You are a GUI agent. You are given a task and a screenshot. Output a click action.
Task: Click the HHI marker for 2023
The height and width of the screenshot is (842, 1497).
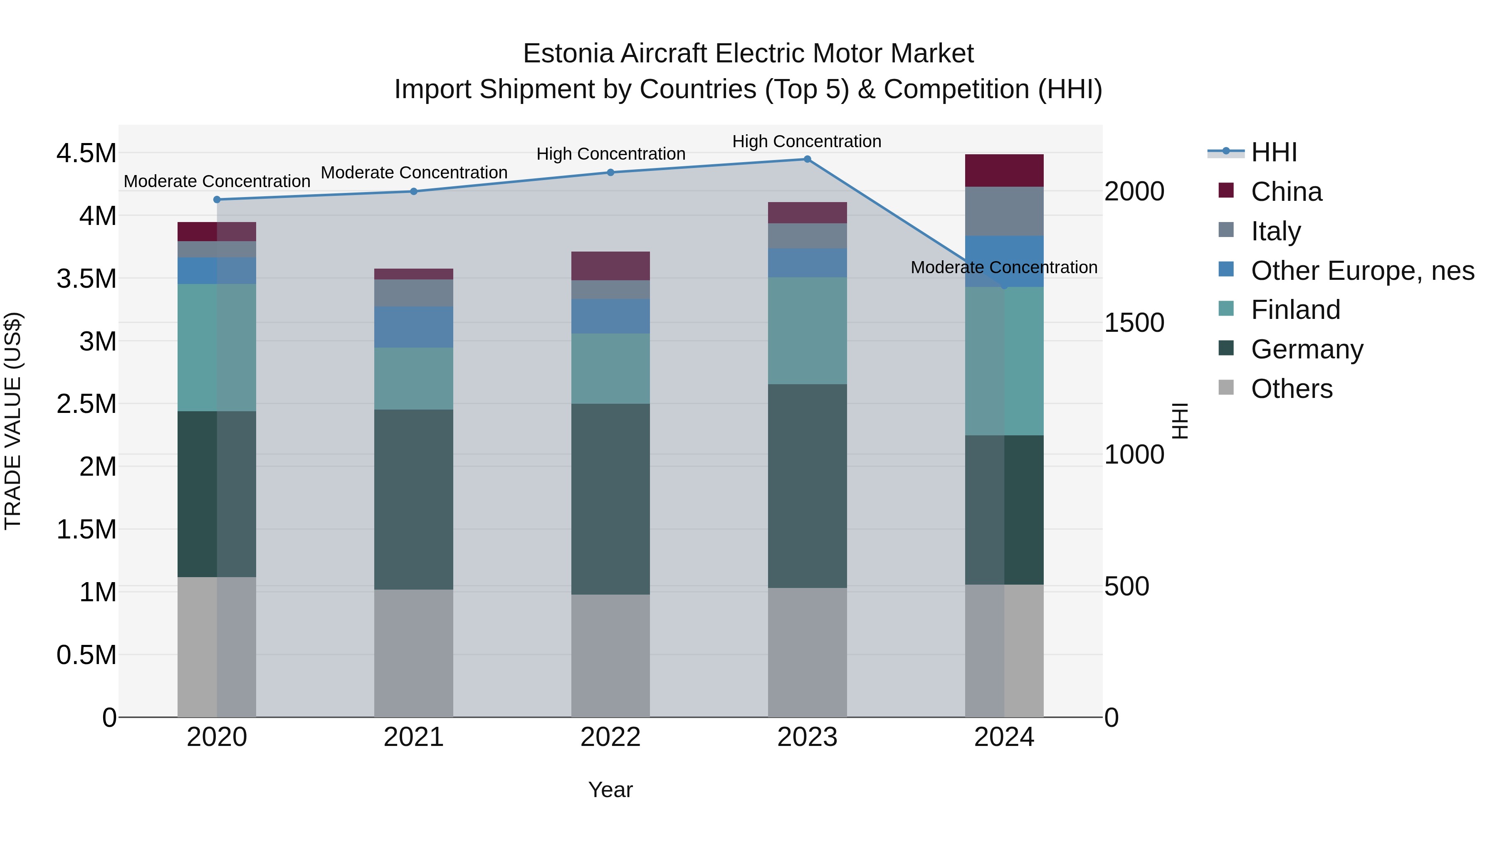click(x=807, y=159)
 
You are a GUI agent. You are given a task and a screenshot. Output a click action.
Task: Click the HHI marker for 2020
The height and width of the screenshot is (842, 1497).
click(x=217, y=199)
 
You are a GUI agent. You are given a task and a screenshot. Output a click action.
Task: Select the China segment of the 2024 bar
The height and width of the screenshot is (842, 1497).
click(x=1004, y=170)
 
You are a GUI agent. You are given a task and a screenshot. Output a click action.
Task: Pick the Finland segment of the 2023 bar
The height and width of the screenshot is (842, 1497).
click(x=807, y=331)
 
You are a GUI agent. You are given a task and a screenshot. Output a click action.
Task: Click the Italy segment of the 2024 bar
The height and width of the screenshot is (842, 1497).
click(x=1004, y=211)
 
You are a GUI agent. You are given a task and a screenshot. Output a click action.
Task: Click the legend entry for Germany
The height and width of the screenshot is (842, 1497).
click(x=1307, y=349)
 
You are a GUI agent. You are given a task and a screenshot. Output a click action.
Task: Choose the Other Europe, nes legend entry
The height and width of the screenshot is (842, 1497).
click(x=1361, y=271)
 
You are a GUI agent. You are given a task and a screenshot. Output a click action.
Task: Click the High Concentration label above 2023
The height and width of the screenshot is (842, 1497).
click(x=807, y=141)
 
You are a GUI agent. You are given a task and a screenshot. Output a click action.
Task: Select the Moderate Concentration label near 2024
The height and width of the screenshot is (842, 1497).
click(x=1004, y=267)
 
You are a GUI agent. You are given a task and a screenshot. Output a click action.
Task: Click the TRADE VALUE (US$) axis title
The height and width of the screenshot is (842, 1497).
click(x=13, y=421)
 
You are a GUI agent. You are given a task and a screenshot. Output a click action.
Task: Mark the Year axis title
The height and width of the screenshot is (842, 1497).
click(x=610, y=790)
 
